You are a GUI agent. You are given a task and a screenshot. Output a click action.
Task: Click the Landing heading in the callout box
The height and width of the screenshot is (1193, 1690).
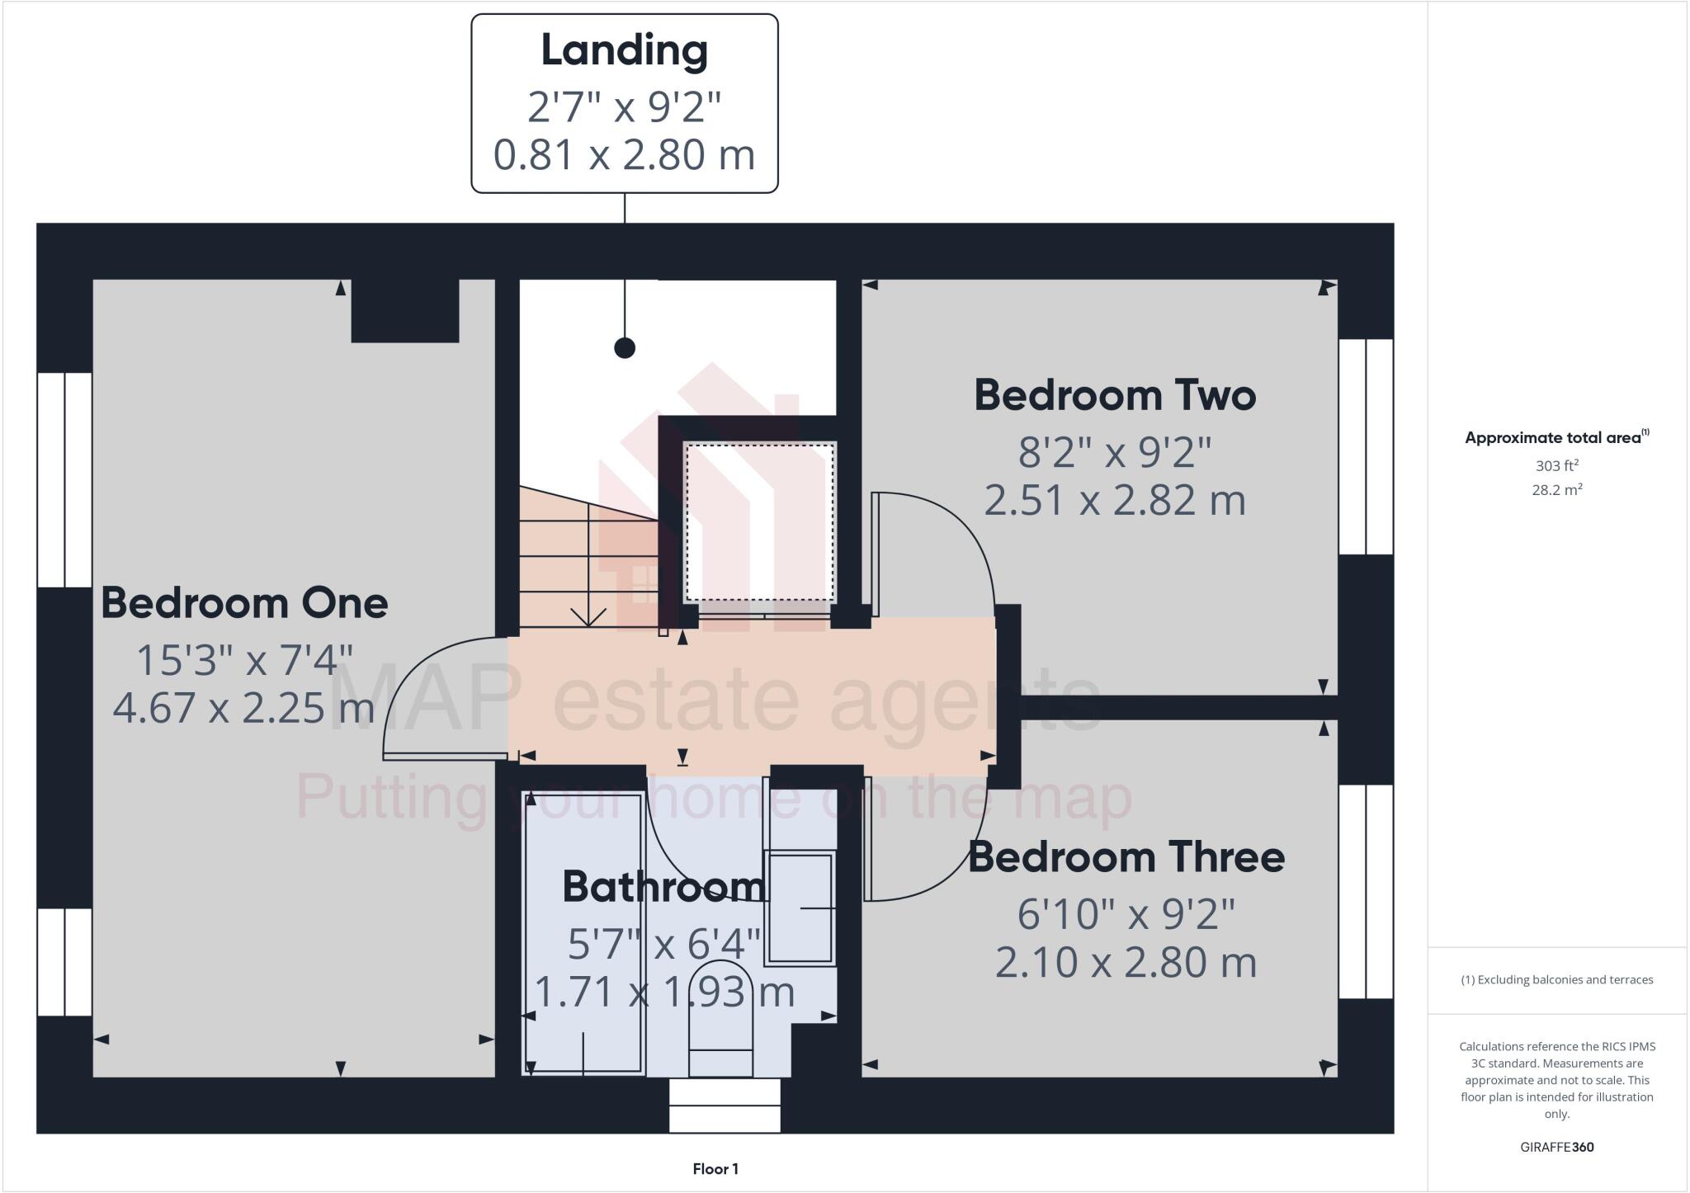pos(624,51)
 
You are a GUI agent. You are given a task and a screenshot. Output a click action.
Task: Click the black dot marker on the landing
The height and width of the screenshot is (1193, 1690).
pos(625,348)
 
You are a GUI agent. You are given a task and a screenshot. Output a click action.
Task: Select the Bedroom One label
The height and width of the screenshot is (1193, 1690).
pos(244,604)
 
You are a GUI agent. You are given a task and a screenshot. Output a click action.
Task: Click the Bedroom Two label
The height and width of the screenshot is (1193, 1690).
pos(1115,395)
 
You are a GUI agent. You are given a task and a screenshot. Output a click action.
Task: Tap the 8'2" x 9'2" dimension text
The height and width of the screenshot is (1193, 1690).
pos(1115,452)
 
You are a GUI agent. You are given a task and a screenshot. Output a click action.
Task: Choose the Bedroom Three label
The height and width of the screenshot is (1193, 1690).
pos(1126,858)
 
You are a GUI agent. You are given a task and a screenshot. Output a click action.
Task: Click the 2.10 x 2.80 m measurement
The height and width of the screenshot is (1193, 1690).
pos(1126,963)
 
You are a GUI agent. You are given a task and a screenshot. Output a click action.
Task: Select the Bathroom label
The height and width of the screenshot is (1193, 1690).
pos(663,888)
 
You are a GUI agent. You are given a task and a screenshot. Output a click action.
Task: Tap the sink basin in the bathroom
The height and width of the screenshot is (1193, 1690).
pos(799,908)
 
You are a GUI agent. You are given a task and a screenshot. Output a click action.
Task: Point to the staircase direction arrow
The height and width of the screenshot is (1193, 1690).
pos(588,615)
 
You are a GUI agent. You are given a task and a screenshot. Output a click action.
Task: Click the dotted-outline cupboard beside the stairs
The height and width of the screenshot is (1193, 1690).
pos(760,522)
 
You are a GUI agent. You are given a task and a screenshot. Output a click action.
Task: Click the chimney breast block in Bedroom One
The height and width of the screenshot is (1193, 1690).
pos(405,310)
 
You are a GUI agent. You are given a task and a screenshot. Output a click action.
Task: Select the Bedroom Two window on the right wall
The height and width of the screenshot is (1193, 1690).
pos(1366,446)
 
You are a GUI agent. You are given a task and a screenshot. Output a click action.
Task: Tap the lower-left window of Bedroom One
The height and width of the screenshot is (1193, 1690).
pos(64,962)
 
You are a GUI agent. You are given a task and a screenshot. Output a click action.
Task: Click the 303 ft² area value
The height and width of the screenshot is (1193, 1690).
pos(1556,465)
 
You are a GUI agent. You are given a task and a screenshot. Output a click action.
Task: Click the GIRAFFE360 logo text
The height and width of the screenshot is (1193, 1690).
pos(1556,1147)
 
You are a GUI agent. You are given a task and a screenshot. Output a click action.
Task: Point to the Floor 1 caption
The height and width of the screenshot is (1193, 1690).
pos(715,1169)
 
